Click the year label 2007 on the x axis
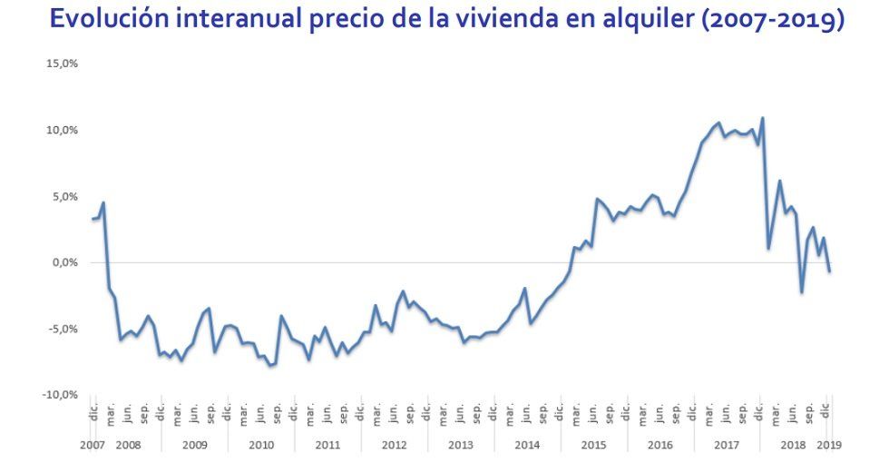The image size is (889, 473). click(92, 446)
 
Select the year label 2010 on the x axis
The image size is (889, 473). click(260, 446)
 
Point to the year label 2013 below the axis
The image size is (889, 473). click(460, 446)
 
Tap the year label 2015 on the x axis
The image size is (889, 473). click(593, 446)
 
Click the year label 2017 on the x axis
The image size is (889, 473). click(727, 446)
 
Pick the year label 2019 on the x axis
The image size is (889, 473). click(828, 446)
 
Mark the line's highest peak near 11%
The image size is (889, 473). click(762, 118)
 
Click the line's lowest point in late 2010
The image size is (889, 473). click(270, 365)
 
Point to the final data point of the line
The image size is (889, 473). click(829, 271)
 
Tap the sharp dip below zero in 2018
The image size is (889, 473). click(802, 291)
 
